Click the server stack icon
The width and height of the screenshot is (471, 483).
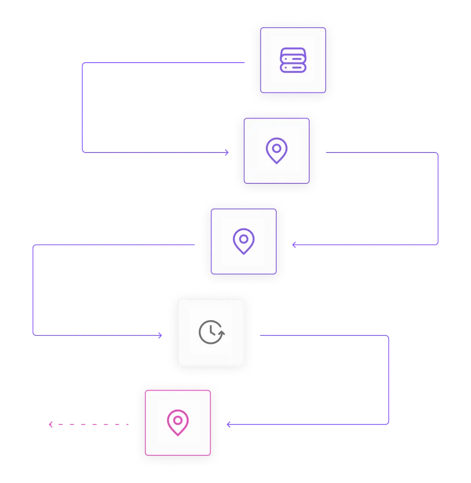click(x=293, y=60)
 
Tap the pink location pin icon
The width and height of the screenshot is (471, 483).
click(x=178, y=423)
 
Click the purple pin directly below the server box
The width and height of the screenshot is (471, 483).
click(x=277, y=150)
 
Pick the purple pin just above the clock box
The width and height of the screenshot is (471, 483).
click(x=244, y=241)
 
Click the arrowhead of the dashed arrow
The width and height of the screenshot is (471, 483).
click(x=51, y=424)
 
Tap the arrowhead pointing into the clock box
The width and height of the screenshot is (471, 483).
click(x=160, y=335)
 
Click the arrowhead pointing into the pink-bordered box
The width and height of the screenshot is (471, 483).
click(x=228, y=424)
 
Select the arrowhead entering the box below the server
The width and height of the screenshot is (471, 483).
click(x=227, y=153)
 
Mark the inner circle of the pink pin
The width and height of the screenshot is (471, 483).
click(x=178, y=420)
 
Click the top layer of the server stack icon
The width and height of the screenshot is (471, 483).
click(x=293, y=53)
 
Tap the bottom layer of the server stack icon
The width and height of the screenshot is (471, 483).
click(x=293, y=68)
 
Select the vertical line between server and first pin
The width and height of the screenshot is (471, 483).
click(x=83, y=107)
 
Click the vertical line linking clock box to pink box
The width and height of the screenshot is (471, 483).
click(x=389, y=380)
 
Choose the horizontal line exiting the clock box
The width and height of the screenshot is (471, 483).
click(x=322, y=335)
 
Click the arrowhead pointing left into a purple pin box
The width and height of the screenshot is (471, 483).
click(x=294, y=245)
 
